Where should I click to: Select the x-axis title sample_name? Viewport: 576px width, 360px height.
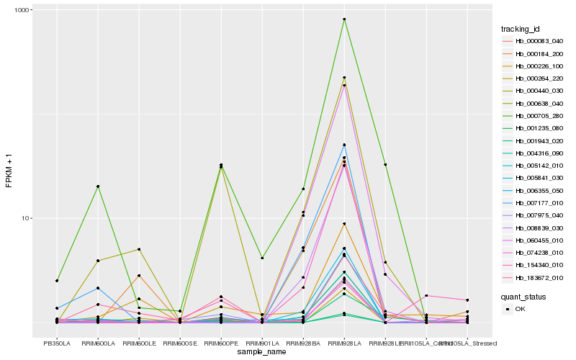[261, 352]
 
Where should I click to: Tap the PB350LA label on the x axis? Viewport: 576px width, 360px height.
[57, 343]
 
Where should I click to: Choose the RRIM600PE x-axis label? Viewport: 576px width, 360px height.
[220, 343]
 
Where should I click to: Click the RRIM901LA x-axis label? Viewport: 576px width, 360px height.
[261, 343]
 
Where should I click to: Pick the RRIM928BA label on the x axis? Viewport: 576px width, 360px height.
[303, 343]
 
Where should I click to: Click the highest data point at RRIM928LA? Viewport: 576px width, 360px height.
[344, 19]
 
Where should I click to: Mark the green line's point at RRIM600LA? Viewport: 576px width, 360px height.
[98, 186]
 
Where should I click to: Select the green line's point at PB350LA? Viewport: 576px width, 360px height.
[57, 280]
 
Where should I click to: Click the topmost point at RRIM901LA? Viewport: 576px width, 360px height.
[262, 258]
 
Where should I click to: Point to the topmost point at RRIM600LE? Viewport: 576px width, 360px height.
[139, 249]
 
